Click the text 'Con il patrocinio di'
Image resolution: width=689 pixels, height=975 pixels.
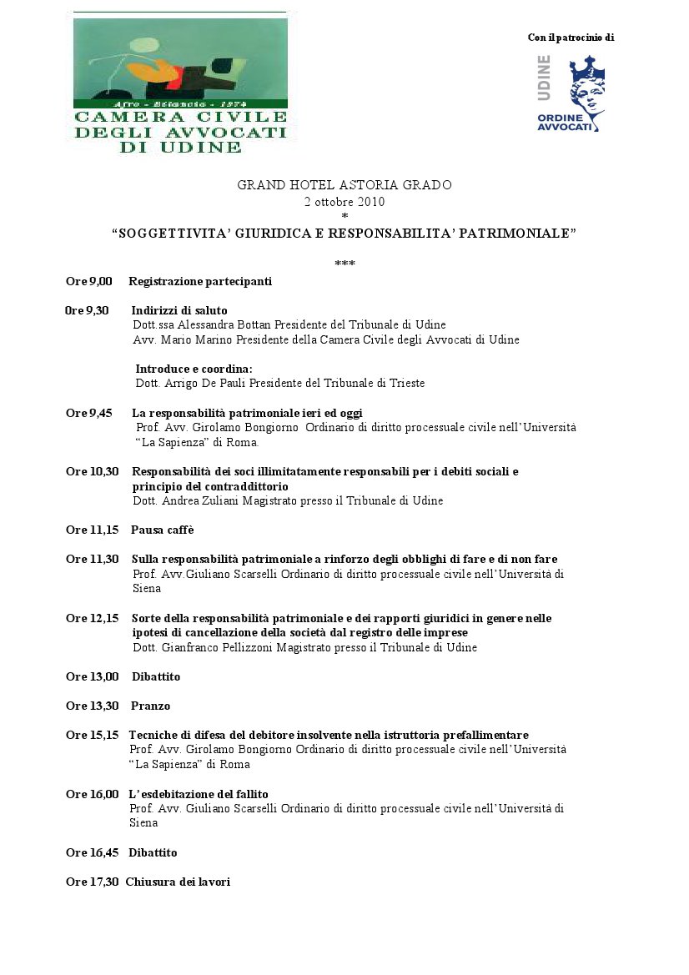(x=571, y=38)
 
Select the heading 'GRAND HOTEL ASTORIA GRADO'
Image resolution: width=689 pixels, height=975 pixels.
(x=344, y=185)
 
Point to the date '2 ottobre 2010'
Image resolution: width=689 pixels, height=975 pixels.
(x=344, y=201)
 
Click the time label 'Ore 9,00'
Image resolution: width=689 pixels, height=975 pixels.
(x=89, y=282)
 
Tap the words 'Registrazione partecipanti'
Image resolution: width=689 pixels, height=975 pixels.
(x=200, y=282)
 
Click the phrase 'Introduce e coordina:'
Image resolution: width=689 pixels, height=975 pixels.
(x=194, y=369)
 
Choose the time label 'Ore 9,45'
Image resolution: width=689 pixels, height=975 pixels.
(x=89, y=413)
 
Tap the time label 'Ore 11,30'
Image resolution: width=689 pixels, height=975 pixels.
(x=92, y=559)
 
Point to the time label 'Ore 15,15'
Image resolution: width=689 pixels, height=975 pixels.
(x=92, y=735)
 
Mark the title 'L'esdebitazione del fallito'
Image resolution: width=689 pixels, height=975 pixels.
(x=199, y=794)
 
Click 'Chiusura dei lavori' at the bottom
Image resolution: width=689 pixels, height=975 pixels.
(x=178, y=882)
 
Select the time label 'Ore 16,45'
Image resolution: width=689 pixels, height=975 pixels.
(x=92, y=852)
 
